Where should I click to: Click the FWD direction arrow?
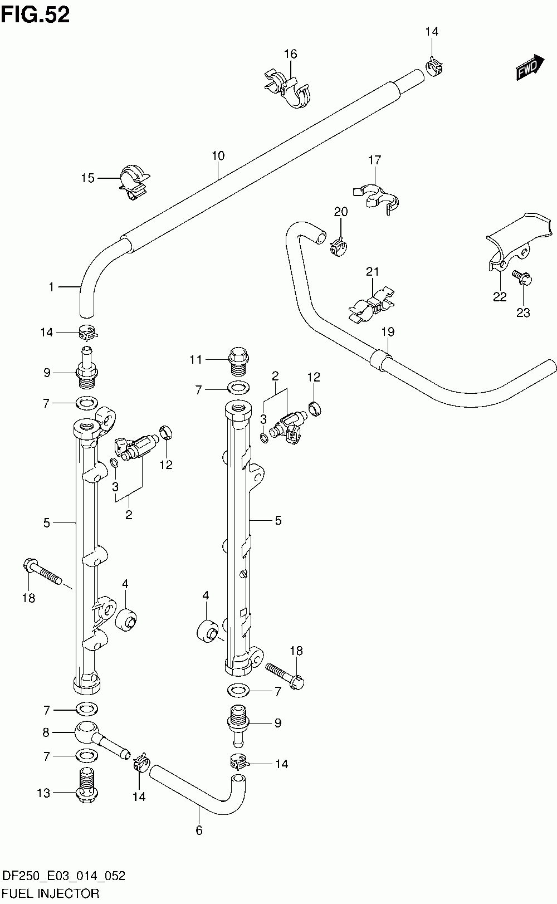(530, 67)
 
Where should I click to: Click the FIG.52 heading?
(36, 15)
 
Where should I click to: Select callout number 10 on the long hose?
(218, 156)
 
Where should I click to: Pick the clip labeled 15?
(134, 182)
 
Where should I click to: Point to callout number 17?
(374, 160)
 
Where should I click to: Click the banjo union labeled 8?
(101, 739)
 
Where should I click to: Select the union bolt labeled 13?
(87, 785)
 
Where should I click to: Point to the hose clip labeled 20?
(339, 247)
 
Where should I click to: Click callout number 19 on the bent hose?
(388, 332)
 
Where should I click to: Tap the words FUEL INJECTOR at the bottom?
(51, 893)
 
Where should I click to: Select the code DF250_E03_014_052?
(63, 876)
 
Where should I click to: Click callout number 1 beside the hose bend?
(51, 287)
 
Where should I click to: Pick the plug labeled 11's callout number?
(196, 360)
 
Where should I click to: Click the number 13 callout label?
(43, 793)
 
